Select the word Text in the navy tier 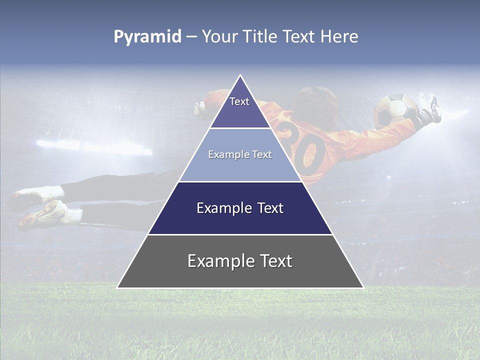coord(265,208)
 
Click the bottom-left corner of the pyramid coord(118,287)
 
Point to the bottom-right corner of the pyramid coord(363,287)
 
